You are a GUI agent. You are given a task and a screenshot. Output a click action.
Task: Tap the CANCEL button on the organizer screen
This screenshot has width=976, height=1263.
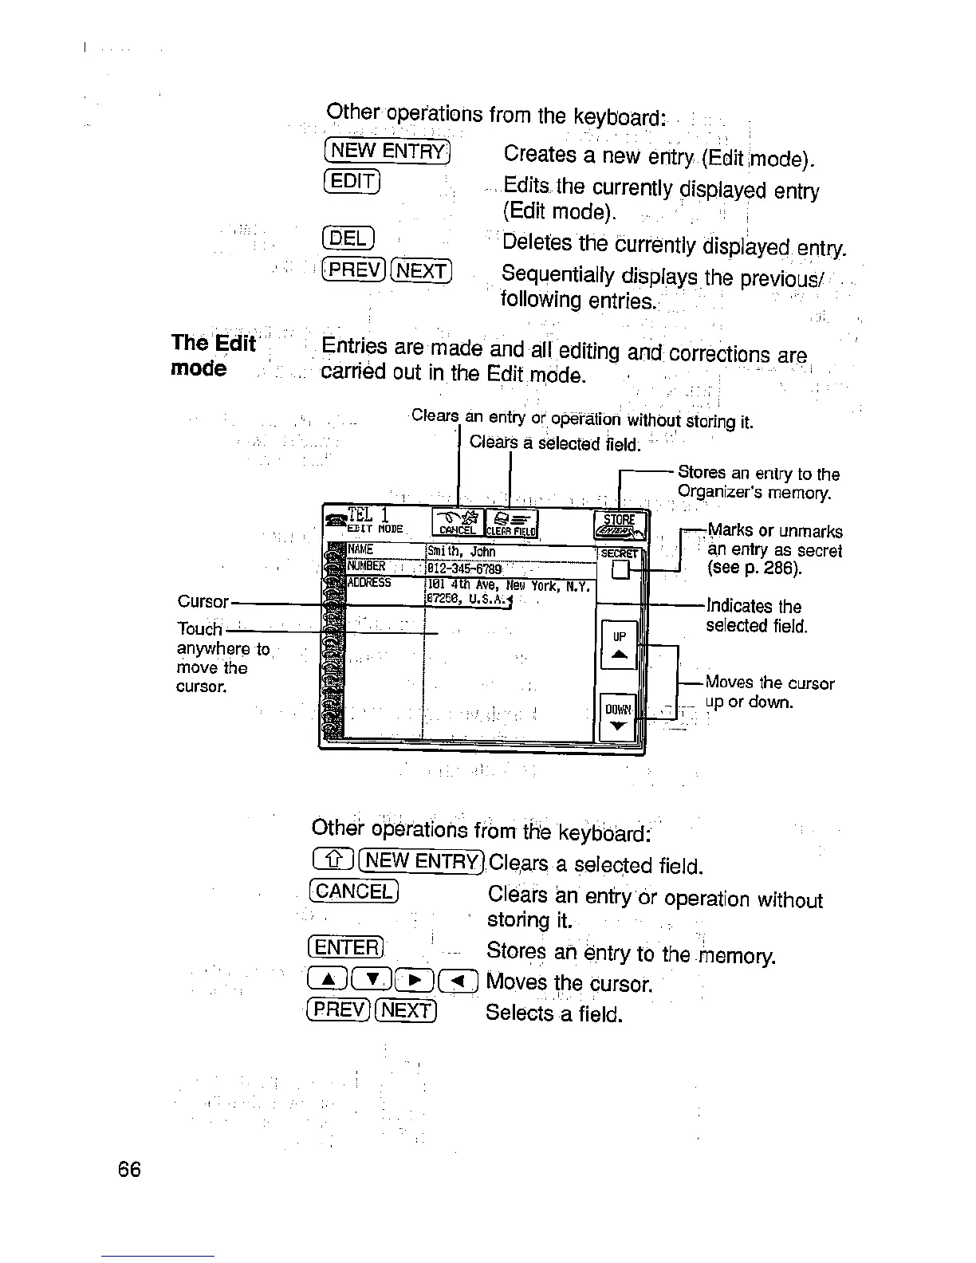click(457, 523)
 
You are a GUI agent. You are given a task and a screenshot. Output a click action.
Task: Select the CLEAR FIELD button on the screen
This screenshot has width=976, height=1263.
click(512, 523)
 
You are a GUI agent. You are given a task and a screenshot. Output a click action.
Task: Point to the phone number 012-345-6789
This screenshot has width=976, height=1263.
click(463, 569)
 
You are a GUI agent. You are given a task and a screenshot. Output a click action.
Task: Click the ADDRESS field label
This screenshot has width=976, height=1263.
click(369, 583)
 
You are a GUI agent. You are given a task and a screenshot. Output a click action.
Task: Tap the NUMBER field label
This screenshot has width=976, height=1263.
click(367, 567)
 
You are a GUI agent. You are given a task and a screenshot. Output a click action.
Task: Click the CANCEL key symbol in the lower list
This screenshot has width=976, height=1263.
click(352, 891)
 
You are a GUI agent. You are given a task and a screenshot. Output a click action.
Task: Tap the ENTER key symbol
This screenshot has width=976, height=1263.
click(345, 947)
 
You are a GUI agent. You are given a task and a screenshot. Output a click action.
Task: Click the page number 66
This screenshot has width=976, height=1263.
click(129, 1170)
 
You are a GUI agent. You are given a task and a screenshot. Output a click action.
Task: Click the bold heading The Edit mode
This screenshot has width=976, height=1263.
click(213, 356)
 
